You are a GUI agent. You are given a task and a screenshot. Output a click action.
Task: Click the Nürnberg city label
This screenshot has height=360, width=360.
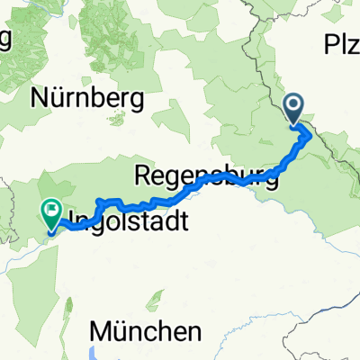point(87,100)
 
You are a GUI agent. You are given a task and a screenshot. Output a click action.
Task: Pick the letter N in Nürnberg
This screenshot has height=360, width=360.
point(38,100)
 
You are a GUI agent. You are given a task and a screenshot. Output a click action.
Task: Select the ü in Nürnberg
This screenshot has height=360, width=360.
point(55,100)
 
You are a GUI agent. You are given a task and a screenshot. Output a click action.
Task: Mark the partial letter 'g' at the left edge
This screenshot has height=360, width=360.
point(4,40)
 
